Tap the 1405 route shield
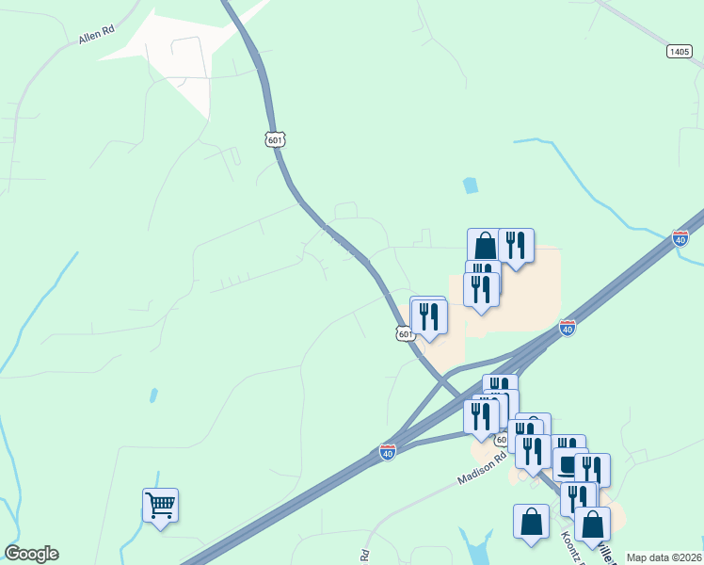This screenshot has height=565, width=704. pos(680,51)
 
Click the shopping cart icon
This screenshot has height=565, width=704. pos(160,506)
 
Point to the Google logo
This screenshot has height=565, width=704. pos(31,554)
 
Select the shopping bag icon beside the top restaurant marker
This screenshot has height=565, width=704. pos(484,247)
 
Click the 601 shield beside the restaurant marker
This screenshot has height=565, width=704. pos(404,333)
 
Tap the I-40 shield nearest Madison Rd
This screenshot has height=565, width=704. pos(387,452)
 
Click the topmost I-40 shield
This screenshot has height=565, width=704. pos(680,237)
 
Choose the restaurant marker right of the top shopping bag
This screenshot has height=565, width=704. pos(516,246)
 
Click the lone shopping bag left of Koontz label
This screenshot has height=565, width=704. pos(531,522)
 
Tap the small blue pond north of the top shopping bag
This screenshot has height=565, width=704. pos(471,186)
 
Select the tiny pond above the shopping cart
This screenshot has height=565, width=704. pos(152,396)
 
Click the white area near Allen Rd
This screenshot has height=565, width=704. pos(179,56)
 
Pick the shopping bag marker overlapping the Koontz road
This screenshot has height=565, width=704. pos(593,525)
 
